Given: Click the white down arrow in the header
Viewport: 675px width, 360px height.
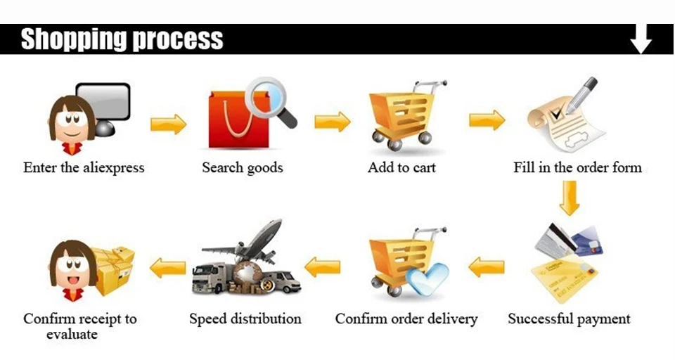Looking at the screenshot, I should point(641,39).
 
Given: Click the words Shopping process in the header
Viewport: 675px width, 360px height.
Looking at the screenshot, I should point(122,39).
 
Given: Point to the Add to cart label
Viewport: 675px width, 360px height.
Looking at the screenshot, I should point(401,168).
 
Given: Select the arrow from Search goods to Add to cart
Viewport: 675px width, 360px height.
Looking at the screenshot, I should point(332,122).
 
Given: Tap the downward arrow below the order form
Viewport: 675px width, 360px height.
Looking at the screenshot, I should point(570,198).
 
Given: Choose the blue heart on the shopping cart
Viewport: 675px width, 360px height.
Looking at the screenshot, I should point(427,278).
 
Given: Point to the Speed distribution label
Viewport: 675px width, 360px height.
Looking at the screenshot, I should point(245,319).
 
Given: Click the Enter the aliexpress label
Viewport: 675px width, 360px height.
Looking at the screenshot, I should point(84,168).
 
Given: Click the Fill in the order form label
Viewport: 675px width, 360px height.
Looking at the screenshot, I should point(577,168).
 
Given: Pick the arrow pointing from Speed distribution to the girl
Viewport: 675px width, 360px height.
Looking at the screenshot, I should point(168,267).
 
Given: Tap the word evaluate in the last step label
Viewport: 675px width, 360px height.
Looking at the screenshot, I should point(72,335).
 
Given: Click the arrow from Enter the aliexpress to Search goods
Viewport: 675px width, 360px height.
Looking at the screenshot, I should point(168,124).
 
